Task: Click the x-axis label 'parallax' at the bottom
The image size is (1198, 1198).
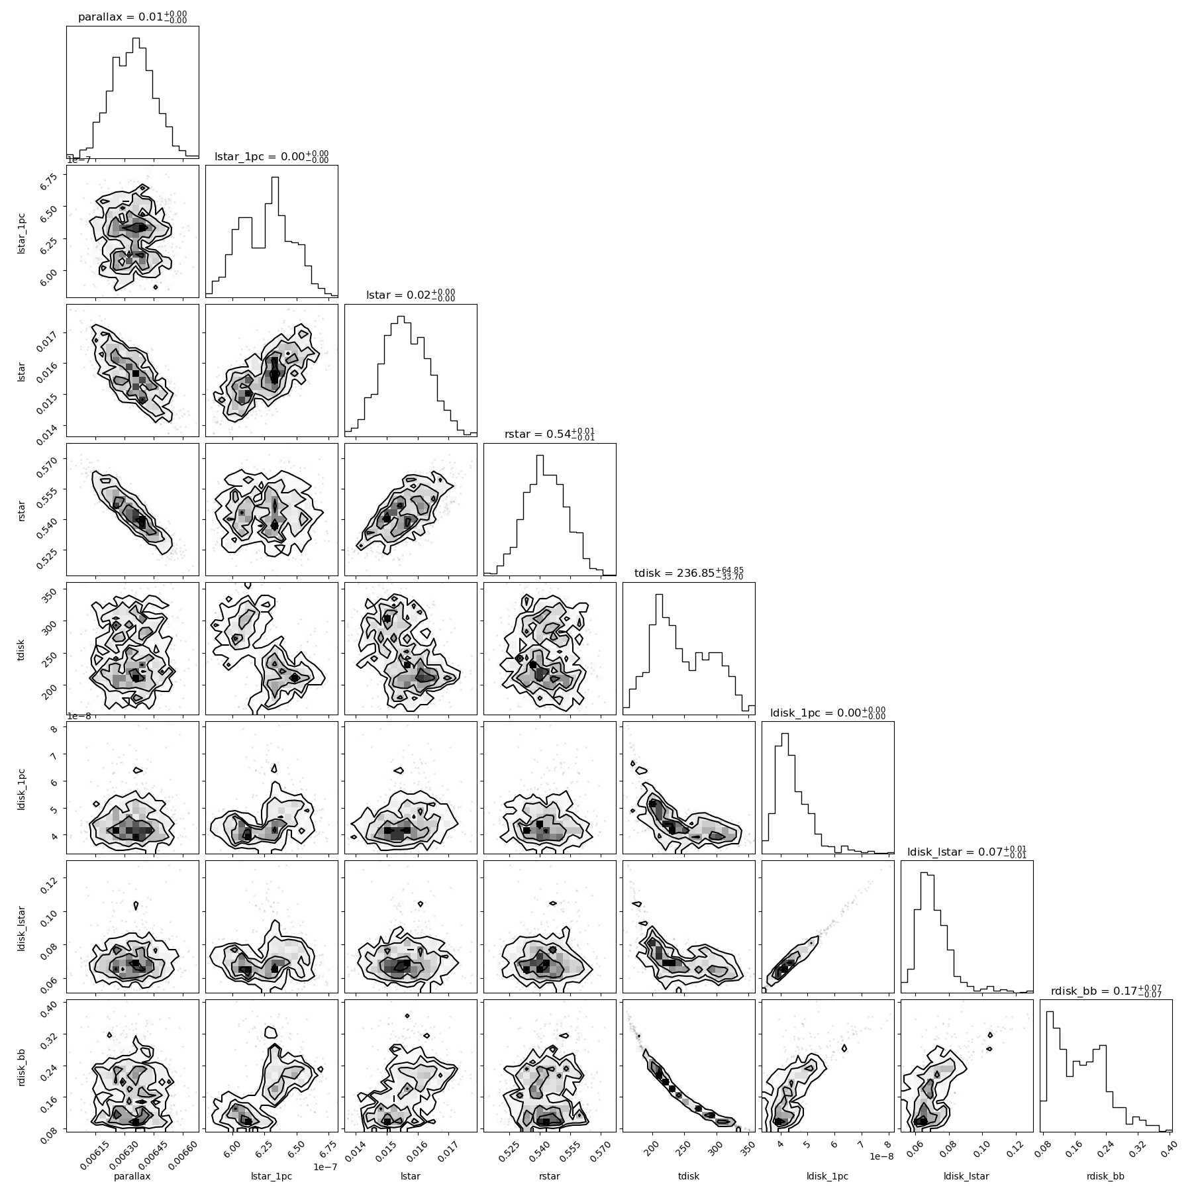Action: pos(132,1176)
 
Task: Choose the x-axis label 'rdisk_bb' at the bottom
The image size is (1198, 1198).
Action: pos(1106,1176)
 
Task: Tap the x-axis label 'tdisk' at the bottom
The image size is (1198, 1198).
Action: pos(689,1176)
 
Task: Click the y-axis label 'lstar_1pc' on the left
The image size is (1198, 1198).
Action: pos(23,231)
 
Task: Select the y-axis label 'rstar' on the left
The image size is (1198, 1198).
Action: pos(23,509)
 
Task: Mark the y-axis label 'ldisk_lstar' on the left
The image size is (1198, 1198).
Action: pos(23,926)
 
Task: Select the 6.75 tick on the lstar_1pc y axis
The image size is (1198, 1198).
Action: pos(51,176)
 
